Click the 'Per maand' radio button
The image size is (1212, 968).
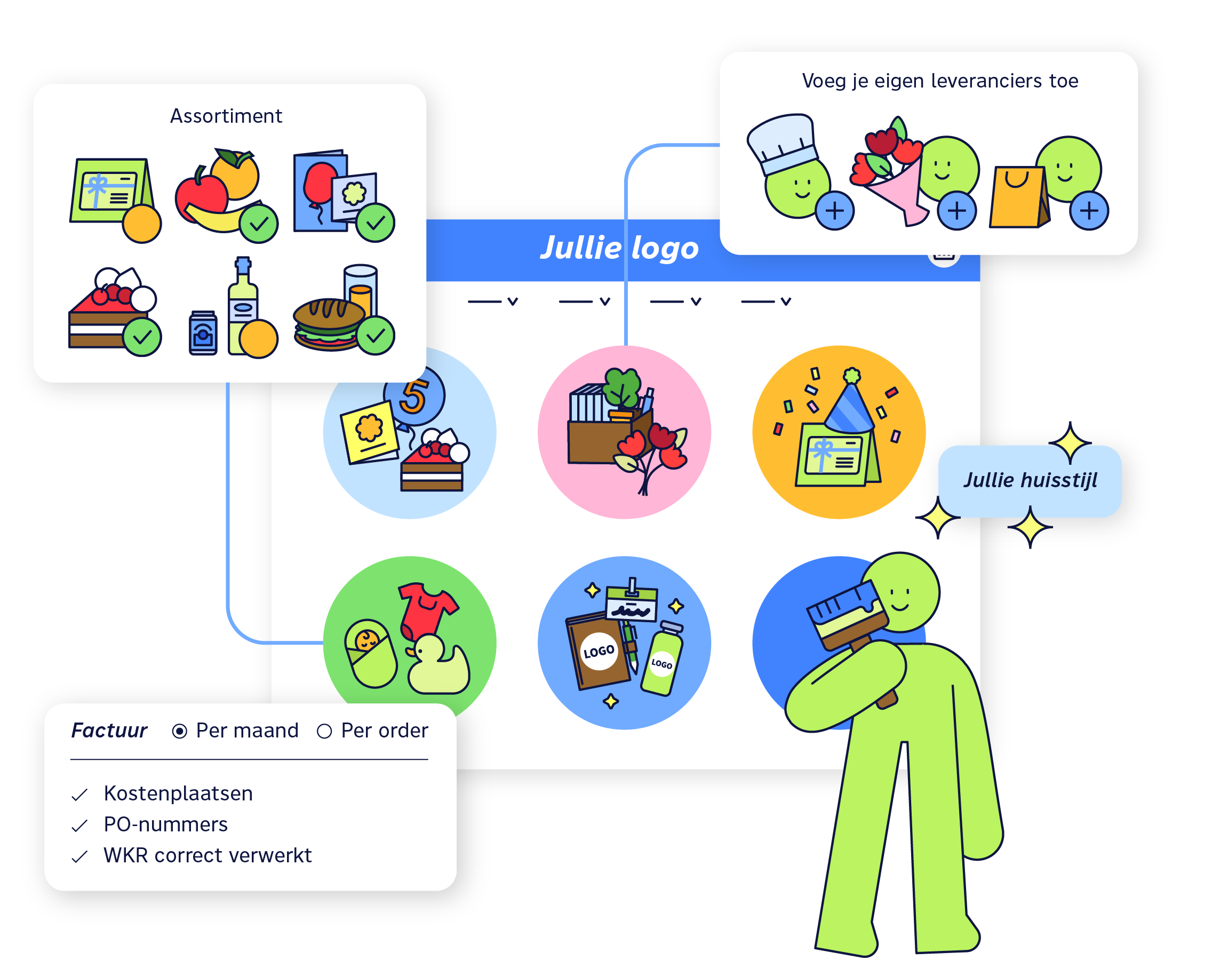point(179,731)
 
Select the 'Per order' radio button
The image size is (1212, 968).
point(324,731)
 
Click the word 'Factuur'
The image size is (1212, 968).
point(109,731)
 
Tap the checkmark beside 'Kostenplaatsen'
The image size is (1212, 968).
point(80,795)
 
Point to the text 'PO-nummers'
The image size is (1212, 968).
point(166,824)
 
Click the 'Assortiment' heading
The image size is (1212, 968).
point(226,116)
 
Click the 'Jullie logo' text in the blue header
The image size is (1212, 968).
point(619,248)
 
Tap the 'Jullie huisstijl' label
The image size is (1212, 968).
point(1030,480)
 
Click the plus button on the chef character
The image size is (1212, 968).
point(835,211)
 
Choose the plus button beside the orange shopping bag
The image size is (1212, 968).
point(1089,211)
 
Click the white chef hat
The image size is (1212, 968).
point(782,143)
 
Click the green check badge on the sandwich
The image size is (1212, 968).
point(376,336)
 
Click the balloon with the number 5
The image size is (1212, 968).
point(415,396)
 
